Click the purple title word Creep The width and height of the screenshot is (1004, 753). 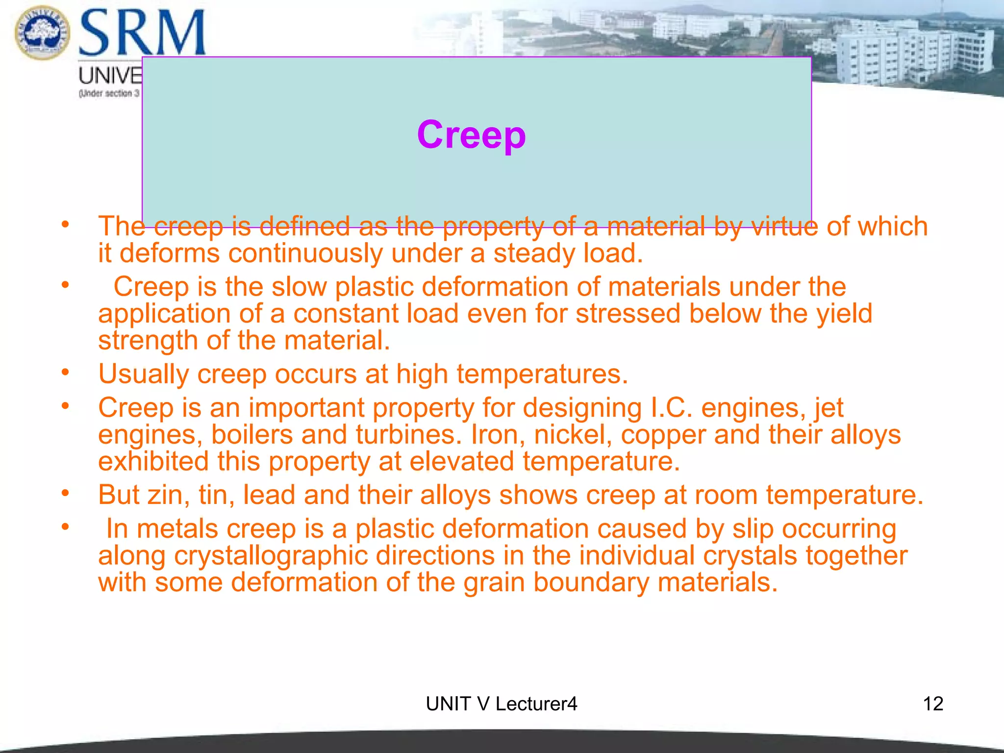pyautogui.click(x=471, y=135)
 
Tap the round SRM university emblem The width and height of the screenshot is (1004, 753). pyautogui.click(x=42, y=32)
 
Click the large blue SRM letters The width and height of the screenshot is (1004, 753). pyautogui.click(x=142, y=33)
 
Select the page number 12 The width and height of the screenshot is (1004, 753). pyautogui.click(x=933, y=704)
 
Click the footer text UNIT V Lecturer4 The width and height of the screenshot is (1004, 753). pyautogui.click(x=501, y=704)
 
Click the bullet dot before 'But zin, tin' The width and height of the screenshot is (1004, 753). pyautogui.click(x=65, y=493)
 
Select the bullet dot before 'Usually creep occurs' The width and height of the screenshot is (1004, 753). pyautogui.click(x=65, y=373)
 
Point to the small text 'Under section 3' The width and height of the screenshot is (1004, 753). pyautogui.click(x=109, y=93)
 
